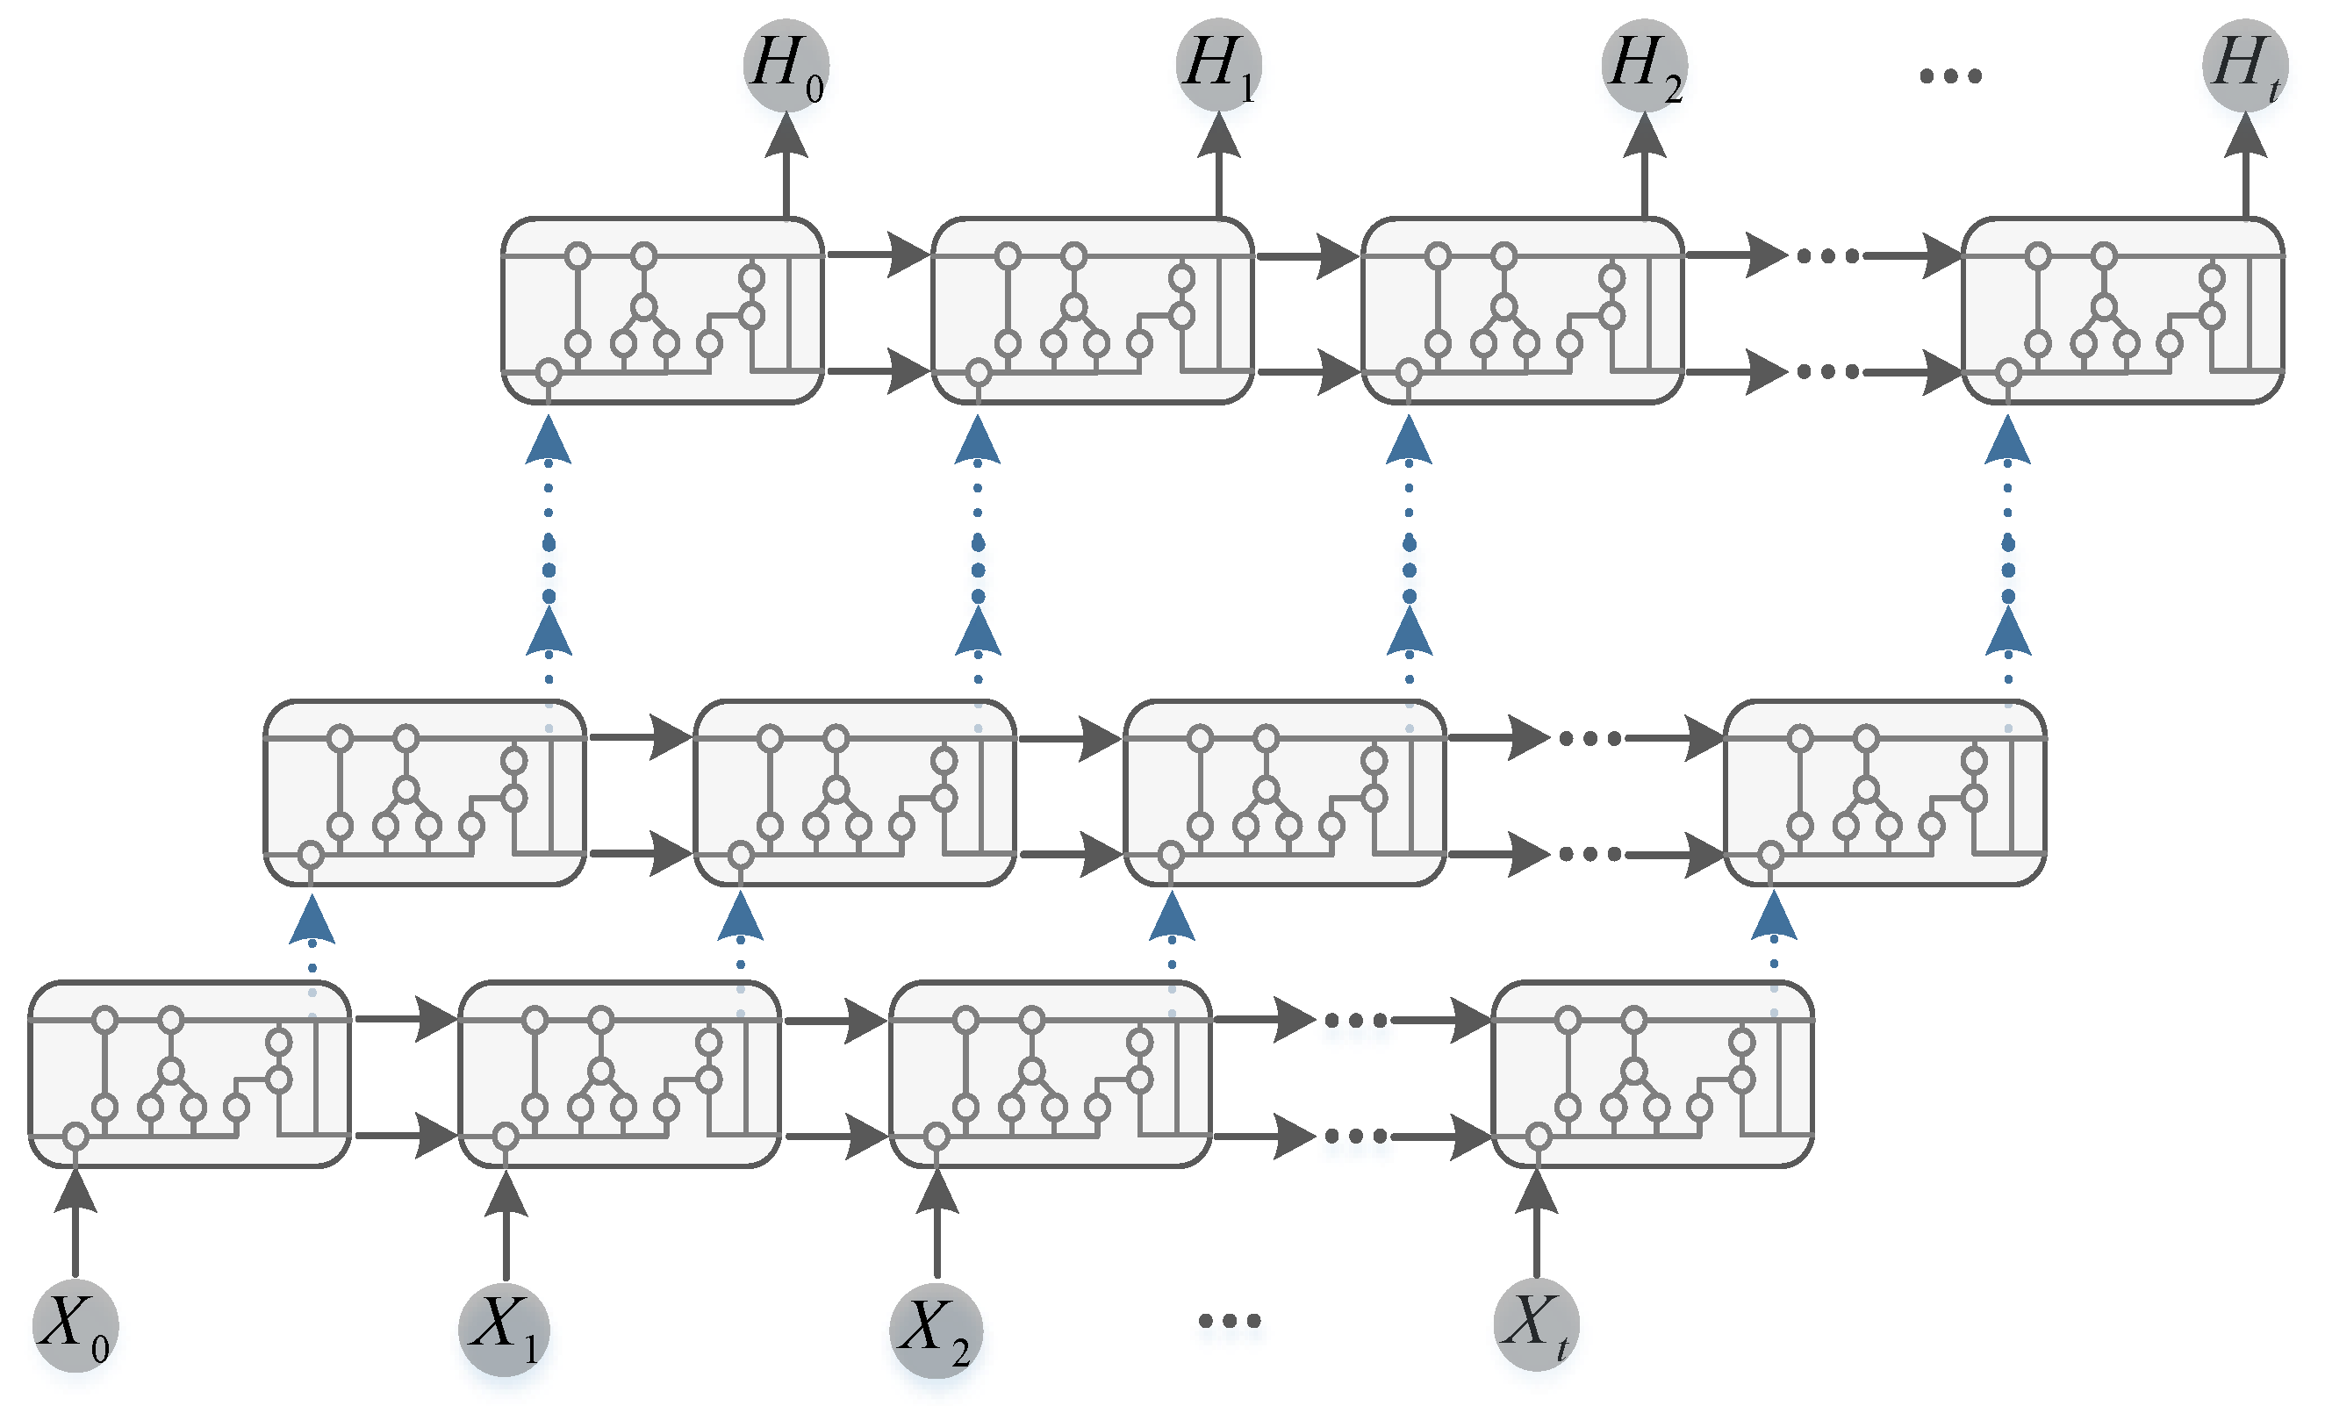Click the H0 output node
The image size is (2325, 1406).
pos(786,63)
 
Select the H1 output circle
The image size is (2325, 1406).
pos(1218,63)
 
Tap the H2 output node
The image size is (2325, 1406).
pos(1645,63)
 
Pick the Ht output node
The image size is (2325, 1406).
pos(2245,63)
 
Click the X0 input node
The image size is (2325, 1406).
pos(75,1325)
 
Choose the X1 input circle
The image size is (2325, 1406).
pos(505,1329)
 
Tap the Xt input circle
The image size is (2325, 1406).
pos(1536,1324)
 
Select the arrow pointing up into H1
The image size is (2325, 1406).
pos(1218,161)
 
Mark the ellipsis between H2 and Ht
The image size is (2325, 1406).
pos(1950,75)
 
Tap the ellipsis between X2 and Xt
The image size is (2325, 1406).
pos(1230,1320)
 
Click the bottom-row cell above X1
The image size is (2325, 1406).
pos(620,1075)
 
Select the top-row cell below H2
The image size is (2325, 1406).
pos(1522,311)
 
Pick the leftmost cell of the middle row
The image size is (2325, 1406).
pos(425,793)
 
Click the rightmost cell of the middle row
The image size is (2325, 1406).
pos(1885,793)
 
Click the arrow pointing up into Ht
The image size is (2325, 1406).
pos(2245,161)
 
